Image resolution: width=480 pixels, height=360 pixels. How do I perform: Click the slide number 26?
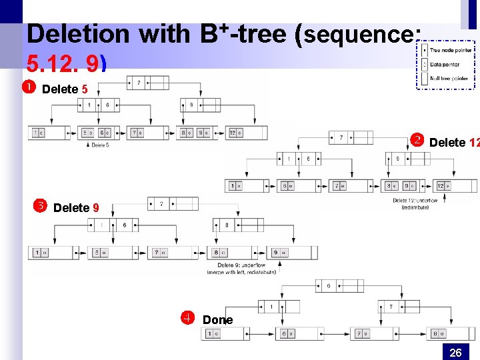coord(455,352)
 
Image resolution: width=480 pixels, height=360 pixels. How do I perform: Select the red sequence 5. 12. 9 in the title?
coord(65,63)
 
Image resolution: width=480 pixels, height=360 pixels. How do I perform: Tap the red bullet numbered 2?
coord(417,141)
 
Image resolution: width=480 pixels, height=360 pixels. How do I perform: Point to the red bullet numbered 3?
coord(39,206)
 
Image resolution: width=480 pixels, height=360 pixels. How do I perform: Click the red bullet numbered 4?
coord(189,318)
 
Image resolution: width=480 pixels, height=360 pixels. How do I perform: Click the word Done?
coord(217,320)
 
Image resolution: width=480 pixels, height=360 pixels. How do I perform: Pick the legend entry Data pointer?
coord(444,65)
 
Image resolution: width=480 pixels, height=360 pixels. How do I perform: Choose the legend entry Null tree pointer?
coord(448,78)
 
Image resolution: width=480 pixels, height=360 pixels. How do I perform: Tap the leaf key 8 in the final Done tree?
coord(437,333)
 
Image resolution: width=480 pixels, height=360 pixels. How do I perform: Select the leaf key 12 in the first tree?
coord(232,133)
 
